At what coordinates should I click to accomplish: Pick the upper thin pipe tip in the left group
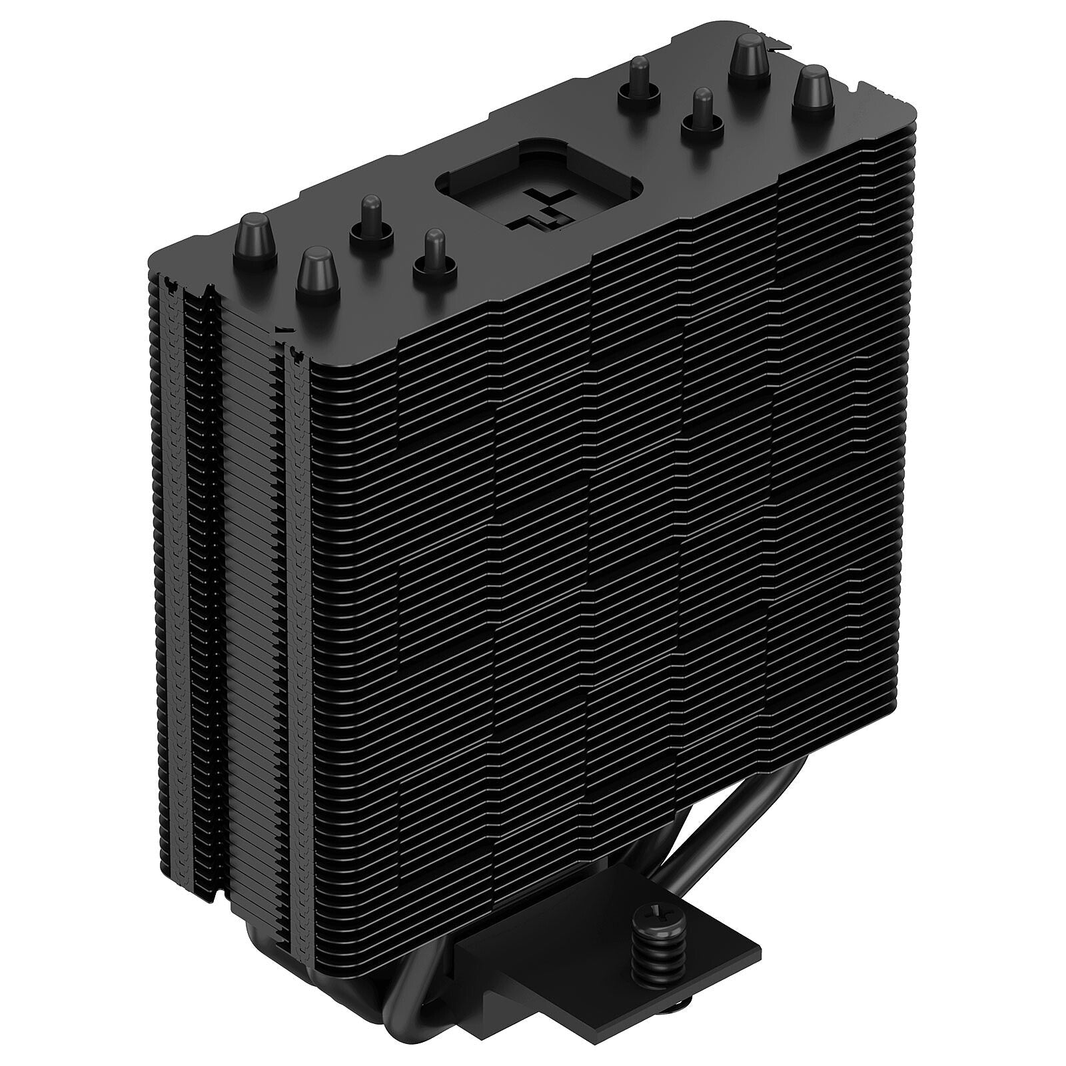pos(369,219)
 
